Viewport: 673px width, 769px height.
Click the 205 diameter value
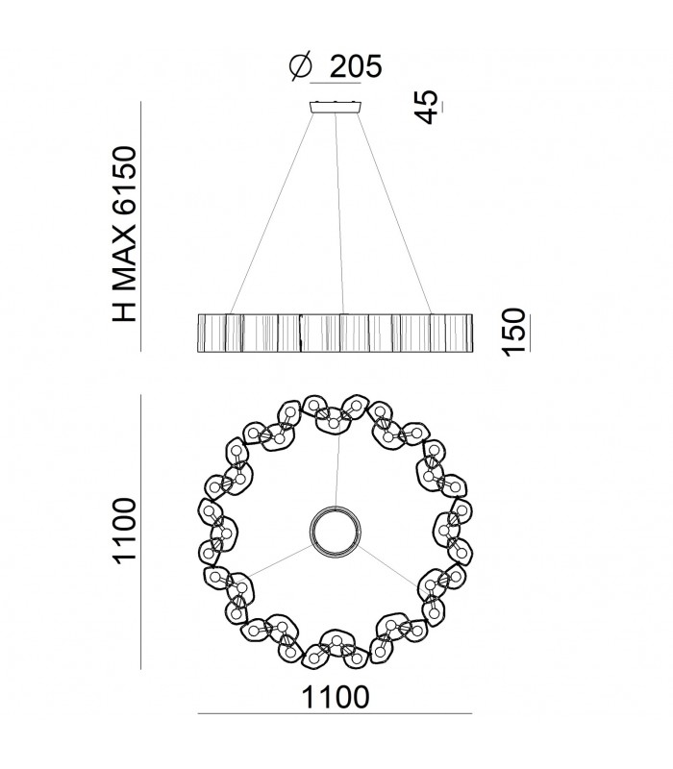tap(355, 66)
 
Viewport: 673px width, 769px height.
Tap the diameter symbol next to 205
tap(300, 66)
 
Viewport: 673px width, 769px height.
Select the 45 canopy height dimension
tap(425, 107)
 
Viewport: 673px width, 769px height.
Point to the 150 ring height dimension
tap(513, 332)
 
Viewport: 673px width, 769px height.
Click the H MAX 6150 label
tap(124, 234)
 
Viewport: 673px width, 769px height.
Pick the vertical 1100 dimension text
tap(124, 532)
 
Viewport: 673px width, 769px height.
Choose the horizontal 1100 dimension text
tap(335, 697)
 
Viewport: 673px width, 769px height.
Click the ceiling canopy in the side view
tap(336, 108)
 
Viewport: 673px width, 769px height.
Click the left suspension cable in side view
tap(271, 213)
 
